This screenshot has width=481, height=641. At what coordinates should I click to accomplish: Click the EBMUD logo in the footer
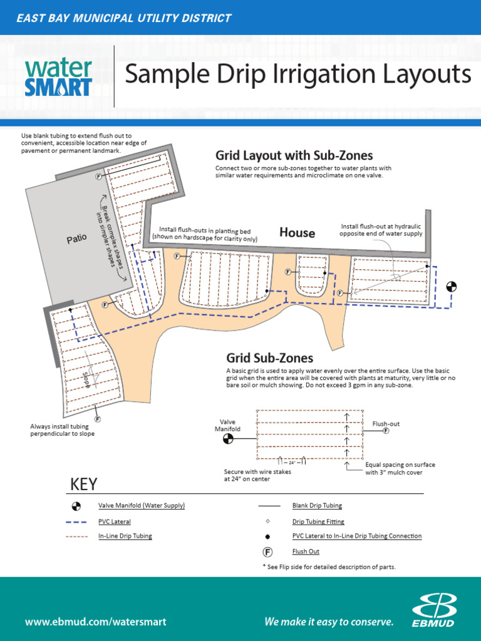coord(433,610)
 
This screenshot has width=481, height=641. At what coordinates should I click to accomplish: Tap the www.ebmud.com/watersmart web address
coord(95,622)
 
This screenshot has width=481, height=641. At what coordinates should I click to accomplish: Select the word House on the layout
coord(297,233)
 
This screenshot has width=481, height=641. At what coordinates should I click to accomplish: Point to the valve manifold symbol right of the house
coord(451,287)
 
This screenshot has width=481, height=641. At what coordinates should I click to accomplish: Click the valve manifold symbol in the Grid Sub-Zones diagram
coord(228,439)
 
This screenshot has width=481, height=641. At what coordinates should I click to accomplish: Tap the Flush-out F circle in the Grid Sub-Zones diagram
coord(386,431)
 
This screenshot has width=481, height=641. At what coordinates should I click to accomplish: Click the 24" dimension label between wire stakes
coord(291,463)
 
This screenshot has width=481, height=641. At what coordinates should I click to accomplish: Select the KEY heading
coord(84,484)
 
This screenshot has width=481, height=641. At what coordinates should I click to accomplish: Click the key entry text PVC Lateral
coord(114,521)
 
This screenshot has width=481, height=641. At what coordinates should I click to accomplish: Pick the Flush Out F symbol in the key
coord(267,552)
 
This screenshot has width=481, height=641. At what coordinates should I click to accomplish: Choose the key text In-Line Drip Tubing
coord(125,536)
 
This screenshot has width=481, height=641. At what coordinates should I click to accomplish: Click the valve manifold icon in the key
coord(76,505)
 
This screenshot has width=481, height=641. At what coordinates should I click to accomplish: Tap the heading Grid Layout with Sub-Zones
coord(294,155)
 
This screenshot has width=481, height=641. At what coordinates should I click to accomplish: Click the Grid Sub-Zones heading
coord(269,358)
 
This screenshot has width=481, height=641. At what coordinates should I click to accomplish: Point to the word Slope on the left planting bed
coord(86,379)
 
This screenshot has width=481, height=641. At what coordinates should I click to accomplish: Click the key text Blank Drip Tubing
coord(317,505)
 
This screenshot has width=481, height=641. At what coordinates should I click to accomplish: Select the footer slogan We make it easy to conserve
coord(329,622)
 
